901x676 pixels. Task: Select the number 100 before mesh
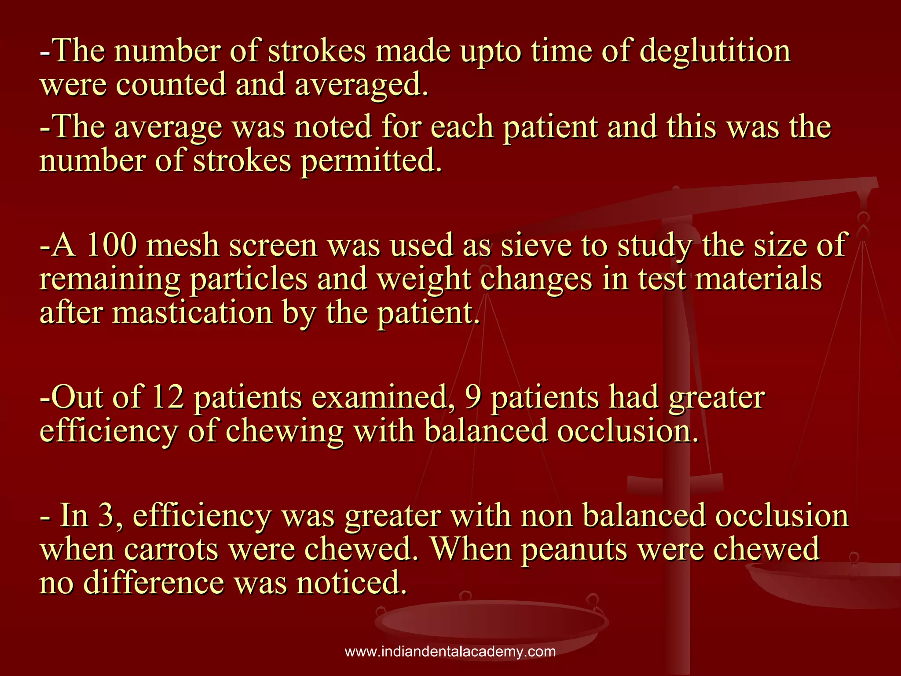[x=111, y=245]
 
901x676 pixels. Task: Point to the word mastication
[x=192, y=312]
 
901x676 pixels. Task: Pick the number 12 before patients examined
[x=167, y=397]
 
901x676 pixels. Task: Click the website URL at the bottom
[x=450, y=652]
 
